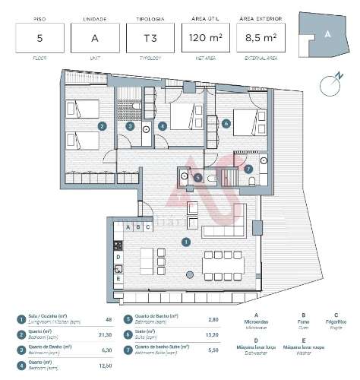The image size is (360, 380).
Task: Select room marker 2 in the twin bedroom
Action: (102, 127)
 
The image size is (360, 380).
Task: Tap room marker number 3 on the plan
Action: (131, 127)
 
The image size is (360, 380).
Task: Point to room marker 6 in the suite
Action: (226, 122)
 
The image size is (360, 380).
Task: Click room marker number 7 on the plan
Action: (248, 168)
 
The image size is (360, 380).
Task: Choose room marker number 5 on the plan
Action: (197, 178)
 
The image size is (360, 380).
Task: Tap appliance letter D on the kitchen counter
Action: (118, 257)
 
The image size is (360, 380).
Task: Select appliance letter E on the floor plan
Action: (118, 278)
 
